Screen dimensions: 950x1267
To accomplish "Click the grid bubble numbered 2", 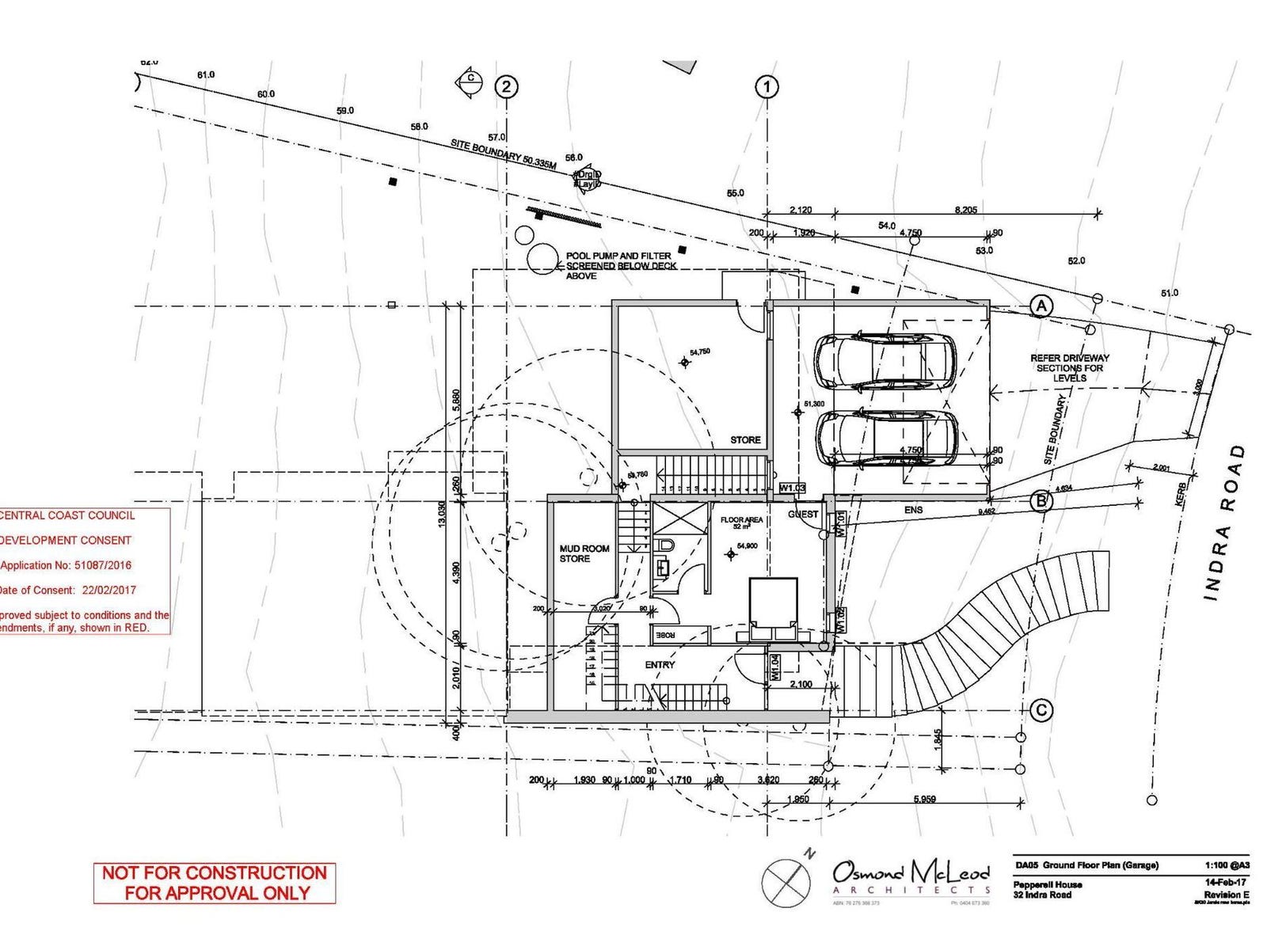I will pos(506,86).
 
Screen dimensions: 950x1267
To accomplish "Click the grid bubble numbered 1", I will pos(767,86).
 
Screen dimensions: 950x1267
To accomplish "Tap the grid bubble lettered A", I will pos(1041,306).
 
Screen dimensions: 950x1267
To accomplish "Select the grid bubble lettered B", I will pos(1041,500).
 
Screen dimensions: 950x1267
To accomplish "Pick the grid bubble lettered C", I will pos(1041,710).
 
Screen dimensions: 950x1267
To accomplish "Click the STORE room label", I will pos(745,439).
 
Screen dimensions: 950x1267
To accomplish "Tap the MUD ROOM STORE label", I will pos(584,553).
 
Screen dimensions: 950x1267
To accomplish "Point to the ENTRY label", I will pos(660,665).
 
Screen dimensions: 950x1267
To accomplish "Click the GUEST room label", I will pos(803,515).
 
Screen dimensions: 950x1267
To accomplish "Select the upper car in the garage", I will pos(885,362).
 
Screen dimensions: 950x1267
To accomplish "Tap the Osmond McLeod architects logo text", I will pos(911,876).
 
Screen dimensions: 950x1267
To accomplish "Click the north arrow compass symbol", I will pos(787,880).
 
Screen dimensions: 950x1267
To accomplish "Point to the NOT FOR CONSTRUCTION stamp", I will pos(215,883).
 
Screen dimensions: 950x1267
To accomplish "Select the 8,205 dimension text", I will pos(965,210).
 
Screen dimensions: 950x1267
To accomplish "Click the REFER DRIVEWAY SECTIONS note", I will pos(1069,368).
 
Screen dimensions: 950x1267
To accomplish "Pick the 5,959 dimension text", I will pos(924,799).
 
